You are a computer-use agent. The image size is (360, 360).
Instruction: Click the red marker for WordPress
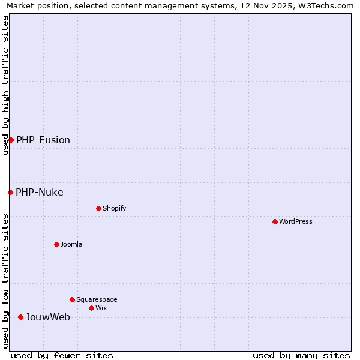point(275,221)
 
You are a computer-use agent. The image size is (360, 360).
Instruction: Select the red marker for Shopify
point(99,208)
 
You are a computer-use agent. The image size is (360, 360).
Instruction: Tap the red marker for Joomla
point(57,244)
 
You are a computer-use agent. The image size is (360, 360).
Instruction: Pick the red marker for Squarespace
point(73,299)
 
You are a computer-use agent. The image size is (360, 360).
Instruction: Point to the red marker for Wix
point(92,308)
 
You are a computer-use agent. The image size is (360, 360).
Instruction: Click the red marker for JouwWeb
point(21,317)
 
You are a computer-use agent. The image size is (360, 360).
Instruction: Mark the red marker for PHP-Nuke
point(11,192)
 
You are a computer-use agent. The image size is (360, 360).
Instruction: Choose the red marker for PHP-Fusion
point(11,140)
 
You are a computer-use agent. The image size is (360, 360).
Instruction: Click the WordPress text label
point(296,221)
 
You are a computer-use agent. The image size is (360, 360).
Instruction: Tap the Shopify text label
point(115,208)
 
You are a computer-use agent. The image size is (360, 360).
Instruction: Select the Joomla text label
point(71,244)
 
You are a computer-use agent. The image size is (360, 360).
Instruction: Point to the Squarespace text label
point(97,299)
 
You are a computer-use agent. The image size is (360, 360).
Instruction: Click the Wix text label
point(101,308)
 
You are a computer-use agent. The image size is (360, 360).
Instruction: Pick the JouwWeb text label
point(47,317)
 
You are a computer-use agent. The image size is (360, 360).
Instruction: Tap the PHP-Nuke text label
point(40,192)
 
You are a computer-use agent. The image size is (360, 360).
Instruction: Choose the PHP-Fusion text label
point(43,140)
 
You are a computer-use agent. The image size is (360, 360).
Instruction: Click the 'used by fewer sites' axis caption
point(62,355)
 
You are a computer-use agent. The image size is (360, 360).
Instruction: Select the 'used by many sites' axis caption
point(301,355)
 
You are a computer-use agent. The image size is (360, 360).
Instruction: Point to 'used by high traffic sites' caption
point(6,85)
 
